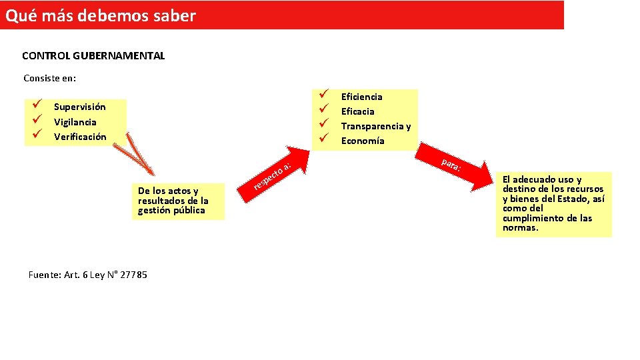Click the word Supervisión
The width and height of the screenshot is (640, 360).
pyautogui.click(x=79, y=107)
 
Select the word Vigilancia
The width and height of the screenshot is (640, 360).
pyautogui.click(x=75, y=122)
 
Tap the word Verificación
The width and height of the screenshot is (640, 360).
pyautogui.click(x=80, y=137)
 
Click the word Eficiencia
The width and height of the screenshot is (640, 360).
pyautogui.click(x=361, y=97)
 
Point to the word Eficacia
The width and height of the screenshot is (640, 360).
pyautogui.click(x=357, y=111)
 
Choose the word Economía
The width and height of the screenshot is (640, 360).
pyautogui.click(x=363, y=141)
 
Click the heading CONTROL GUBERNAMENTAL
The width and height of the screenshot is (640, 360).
pyautogui.click(x=93, y=56)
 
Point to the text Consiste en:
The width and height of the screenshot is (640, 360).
pyautogui.click(x=50, y=78)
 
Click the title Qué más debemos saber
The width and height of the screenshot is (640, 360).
pyautogui.click(x=101, y=15)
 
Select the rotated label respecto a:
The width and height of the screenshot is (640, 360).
pyautogui.click(x=273, y=175)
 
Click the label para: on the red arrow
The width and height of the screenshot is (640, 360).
pyautogui.click(x=451, y=165)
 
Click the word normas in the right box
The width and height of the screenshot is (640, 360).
pyautogui.click(x=520, y=228)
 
